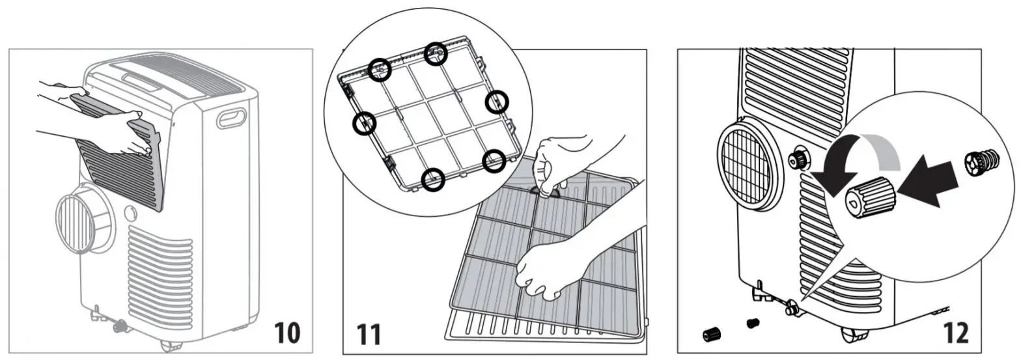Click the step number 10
point(287,333)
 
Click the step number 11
point(369,335)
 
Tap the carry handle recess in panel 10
point(232,118)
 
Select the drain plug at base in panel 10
point(120,325)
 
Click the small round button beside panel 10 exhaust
point(130,212)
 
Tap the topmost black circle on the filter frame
point(436,54)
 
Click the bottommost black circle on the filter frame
point(433,179)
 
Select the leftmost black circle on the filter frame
point(364,123)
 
